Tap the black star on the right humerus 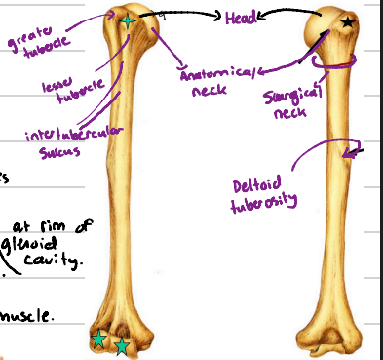[348, 21]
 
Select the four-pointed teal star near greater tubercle [126, 19]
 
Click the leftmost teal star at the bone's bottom [98, 339]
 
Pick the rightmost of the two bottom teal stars [121, 345]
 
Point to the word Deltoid [255, 184]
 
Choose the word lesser [56, 87]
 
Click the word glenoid [26, 243]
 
